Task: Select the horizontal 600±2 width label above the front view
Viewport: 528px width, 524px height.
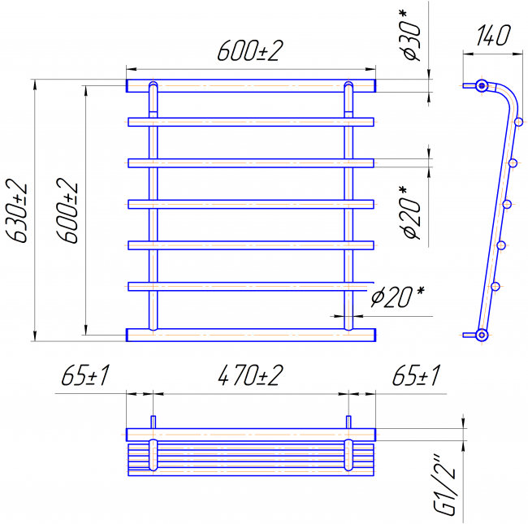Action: (250, 51)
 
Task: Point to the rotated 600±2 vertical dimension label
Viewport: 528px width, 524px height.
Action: (67, 210)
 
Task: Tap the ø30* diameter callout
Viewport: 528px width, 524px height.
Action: (412, 35)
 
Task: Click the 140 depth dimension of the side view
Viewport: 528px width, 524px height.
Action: (493, 35)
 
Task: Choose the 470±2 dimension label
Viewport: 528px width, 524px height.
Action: (250, 375)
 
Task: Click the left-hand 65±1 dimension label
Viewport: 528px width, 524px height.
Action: (85, 375)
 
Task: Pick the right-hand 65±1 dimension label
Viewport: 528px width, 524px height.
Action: (416, 375)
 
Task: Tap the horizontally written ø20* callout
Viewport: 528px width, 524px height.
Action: (397, 297)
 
